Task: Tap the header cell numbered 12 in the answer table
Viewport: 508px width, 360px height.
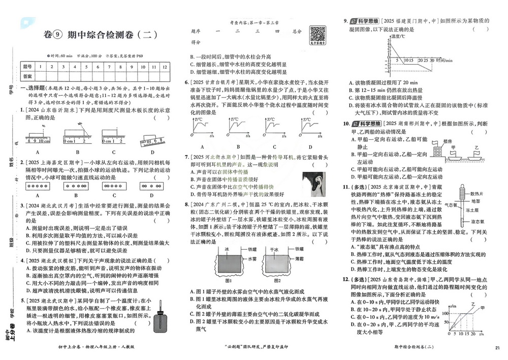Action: pos(164,66)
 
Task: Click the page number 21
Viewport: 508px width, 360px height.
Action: pos(496,347)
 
